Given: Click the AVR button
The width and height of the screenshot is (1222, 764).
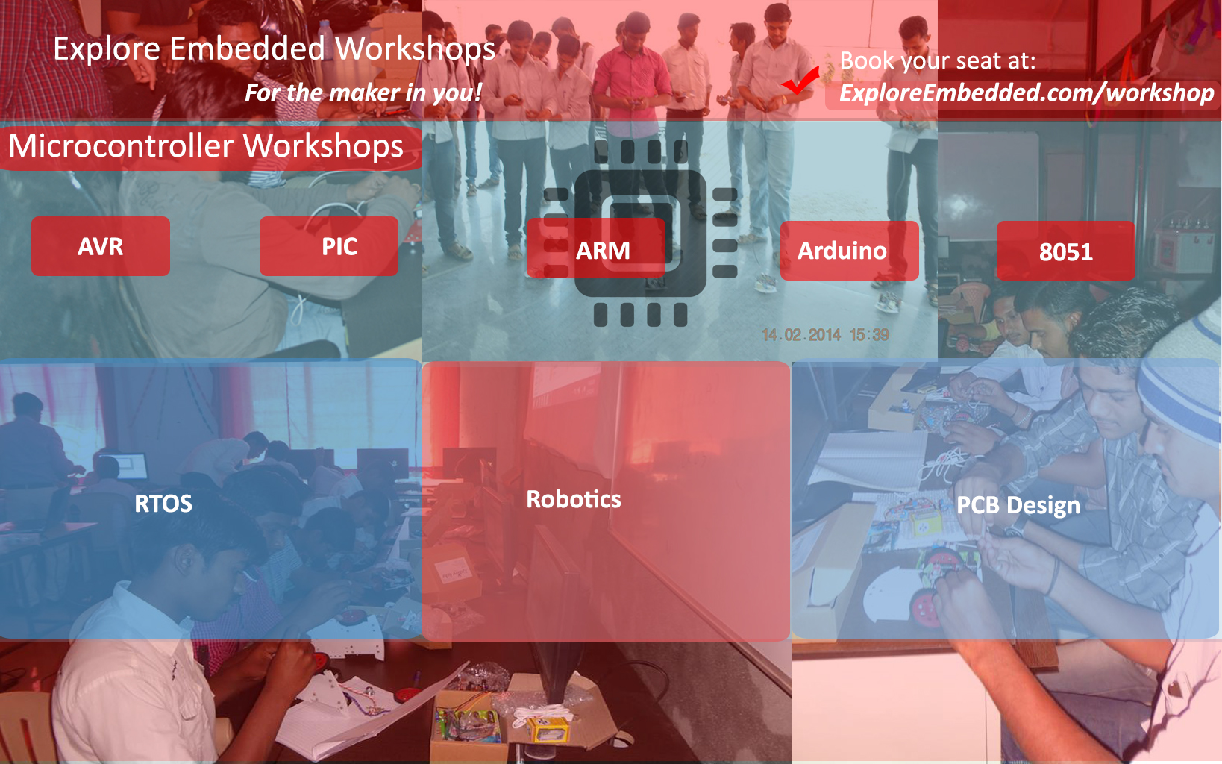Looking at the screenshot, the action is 101,246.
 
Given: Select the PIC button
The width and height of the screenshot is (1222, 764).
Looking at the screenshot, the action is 329,246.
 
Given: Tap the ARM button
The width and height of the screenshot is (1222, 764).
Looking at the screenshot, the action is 596,248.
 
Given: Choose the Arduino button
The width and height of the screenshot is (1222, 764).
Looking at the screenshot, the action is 850,251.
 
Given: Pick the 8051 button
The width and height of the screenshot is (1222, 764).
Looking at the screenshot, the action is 1066,251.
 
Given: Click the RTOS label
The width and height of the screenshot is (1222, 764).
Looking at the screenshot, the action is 163,503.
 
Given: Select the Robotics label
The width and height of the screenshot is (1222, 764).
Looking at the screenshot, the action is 574,499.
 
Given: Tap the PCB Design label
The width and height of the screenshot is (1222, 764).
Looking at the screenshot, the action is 1018,505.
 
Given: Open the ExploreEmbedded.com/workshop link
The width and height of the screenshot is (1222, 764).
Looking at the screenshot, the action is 1027,93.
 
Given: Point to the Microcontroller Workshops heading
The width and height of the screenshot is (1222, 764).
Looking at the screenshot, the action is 206,146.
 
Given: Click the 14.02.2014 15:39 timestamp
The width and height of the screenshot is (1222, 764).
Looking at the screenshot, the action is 825,334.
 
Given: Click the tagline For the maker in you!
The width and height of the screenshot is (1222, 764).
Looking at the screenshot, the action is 363,93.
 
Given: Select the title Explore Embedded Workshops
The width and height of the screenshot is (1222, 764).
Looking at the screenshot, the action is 275,48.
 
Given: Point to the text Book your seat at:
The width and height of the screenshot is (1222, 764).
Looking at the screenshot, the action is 937,60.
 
